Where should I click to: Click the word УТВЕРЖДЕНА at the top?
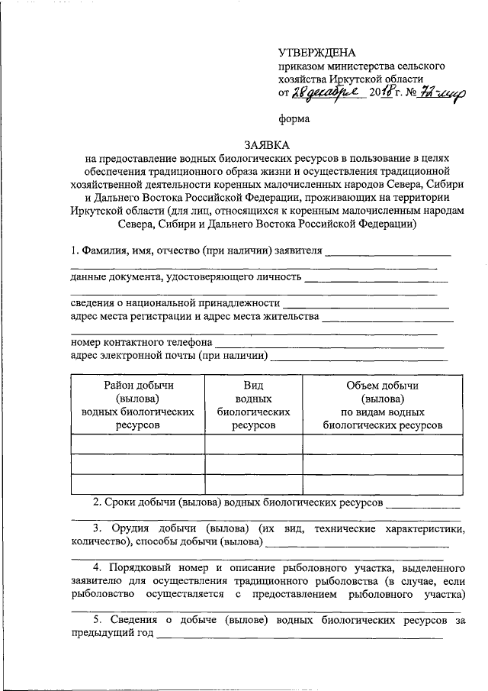coord(316,53)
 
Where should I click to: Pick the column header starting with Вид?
coord(253,405)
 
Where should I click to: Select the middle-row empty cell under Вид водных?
coord(253,464)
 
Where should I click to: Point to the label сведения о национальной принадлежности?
coord(175,304)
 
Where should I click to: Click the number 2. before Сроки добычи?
coord(98,502)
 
